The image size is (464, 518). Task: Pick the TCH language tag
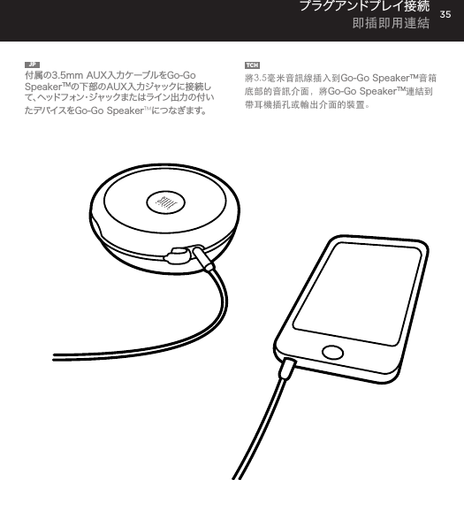pos(251,65)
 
